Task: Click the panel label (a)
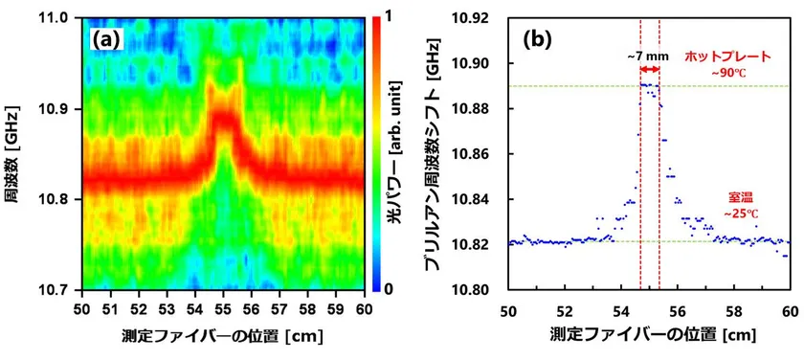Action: [x=106, y=40]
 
